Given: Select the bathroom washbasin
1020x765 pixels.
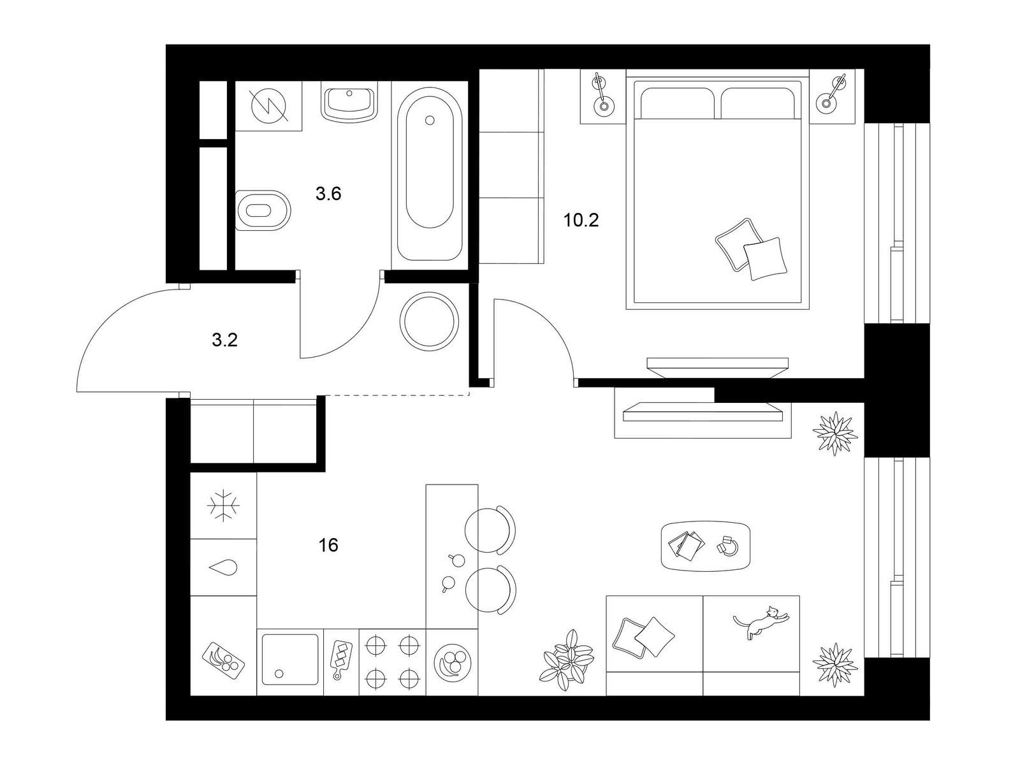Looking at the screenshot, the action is pyautogui.click(x=349, y=103).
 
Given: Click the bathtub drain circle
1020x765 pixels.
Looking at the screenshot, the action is pyautogui.click(x=430, y=120).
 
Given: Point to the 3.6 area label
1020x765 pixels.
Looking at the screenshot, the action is pyautogui.click(x=328, y=194).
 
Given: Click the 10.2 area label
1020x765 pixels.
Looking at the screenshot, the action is pyautogui.click(x=581, y=220).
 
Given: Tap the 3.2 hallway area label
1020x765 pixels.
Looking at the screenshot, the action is pyautogui.click(x=225, y=340).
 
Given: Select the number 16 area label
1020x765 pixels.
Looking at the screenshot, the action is pyautogui.click(x=328, y=545).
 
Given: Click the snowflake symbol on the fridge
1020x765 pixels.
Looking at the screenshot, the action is pyautogui.click(x=224, y=505).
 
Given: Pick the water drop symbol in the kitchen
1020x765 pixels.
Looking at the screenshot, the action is pyautogui.click(x=224, y=567).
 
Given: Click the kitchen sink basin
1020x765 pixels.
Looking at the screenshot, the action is pyautogui.click(x=290, y=660).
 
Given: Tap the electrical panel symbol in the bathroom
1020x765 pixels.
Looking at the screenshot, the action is pyautogui.click(x=268, y=106).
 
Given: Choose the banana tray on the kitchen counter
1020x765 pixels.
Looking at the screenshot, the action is pyautogui.click(x=224, y=659).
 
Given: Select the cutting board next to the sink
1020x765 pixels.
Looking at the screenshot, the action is pyautogui.click(x=341, y=660).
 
